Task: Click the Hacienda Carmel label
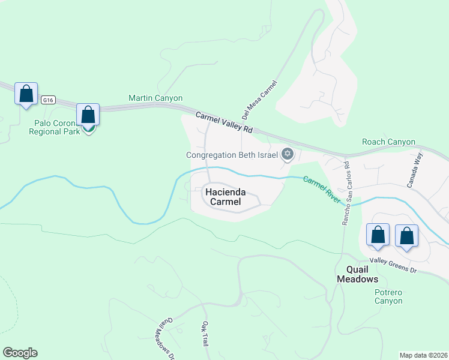(223, 197)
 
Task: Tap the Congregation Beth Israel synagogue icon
(287, 154)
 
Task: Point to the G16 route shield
(49, 101)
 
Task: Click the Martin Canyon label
(155, 98)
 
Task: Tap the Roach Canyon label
(388, 142)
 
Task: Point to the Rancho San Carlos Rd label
(346, 193)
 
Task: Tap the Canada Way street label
(415, 170)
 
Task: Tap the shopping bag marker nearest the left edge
(26, 94)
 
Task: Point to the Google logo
(20, 353)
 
